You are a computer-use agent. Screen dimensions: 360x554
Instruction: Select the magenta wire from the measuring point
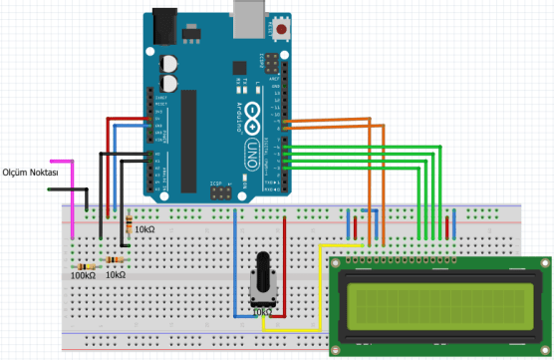(x=71, y=199)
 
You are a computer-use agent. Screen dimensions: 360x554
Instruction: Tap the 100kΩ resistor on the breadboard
(x=85, y=266)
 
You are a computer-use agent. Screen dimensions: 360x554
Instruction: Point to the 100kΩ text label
(x=83, y=276)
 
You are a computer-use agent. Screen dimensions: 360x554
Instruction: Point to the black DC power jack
(x=165, y=27)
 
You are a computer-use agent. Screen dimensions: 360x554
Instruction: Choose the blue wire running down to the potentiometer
(x=235, y=269)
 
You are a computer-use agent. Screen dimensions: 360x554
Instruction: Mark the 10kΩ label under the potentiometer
(x=261, y=312)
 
